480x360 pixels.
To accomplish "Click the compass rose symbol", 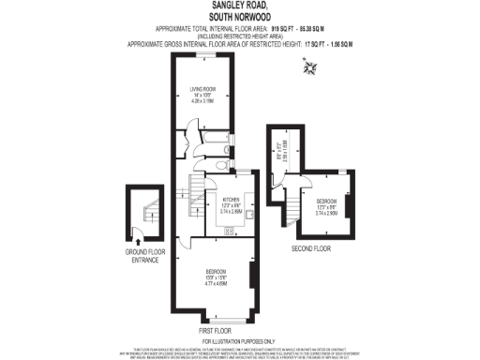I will (x=309, y=65).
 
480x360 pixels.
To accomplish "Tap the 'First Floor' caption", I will (x=215, y=331).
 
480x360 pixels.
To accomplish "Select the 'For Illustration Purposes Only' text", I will (x=239, y=340).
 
